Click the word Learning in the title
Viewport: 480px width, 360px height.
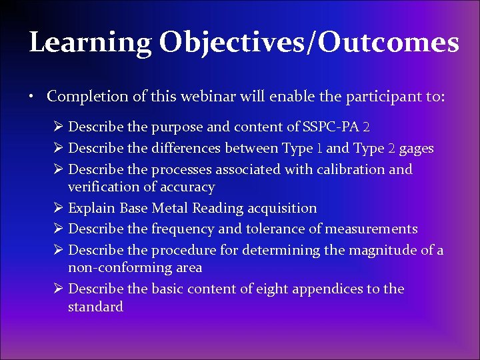point(90,43)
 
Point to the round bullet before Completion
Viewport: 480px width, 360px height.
point(32,97)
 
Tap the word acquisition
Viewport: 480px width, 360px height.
point(282,209)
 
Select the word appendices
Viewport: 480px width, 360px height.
point(329,289)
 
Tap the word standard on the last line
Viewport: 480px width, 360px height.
point(95,307)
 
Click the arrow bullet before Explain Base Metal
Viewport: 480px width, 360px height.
point(58,209)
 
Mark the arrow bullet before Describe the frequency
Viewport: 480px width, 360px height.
point(58,229)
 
